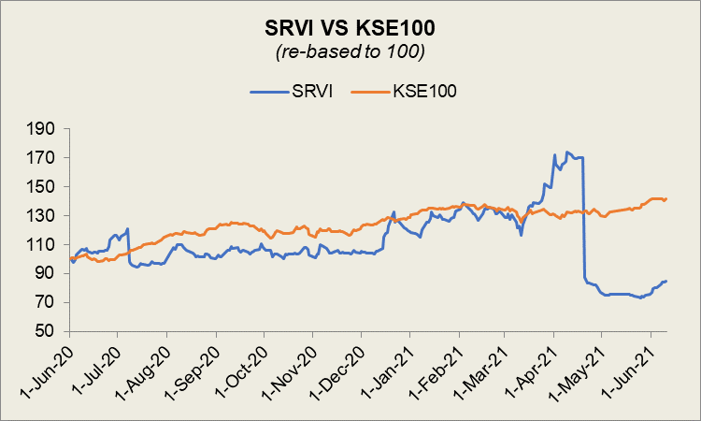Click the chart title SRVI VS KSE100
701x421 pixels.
[x=350, y=28]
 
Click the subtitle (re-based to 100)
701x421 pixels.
[x=350, y=52]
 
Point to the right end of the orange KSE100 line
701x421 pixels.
[x=666, y=198]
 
